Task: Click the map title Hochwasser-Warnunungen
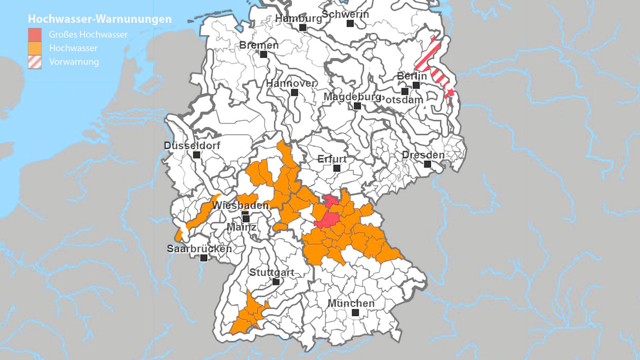(100, 19)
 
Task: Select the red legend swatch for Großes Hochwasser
(35, 34)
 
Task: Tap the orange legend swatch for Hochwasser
(35, 48)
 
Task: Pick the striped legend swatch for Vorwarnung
(35, 62)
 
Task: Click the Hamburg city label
(298, 18)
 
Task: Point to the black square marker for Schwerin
(350, 24)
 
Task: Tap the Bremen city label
(259, 45)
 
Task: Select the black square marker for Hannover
(295, 93)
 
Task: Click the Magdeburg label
(352, 97)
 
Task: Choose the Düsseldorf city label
(192, 146)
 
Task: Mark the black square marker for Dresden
(428, 164)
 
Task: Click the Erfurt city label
(332, 159)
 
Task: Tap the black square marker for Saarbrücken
(204, 258)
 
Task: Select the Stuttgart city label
(272, 272)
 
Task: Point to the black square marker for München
(355, 313)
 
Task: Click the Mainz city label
(242, 227)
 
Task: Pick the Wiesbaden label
(240, 206)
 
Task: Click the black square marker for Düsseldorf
(196, 155)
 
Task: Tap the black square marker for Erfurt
(337, 168)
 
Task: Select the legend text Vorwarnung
(74, 62)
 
